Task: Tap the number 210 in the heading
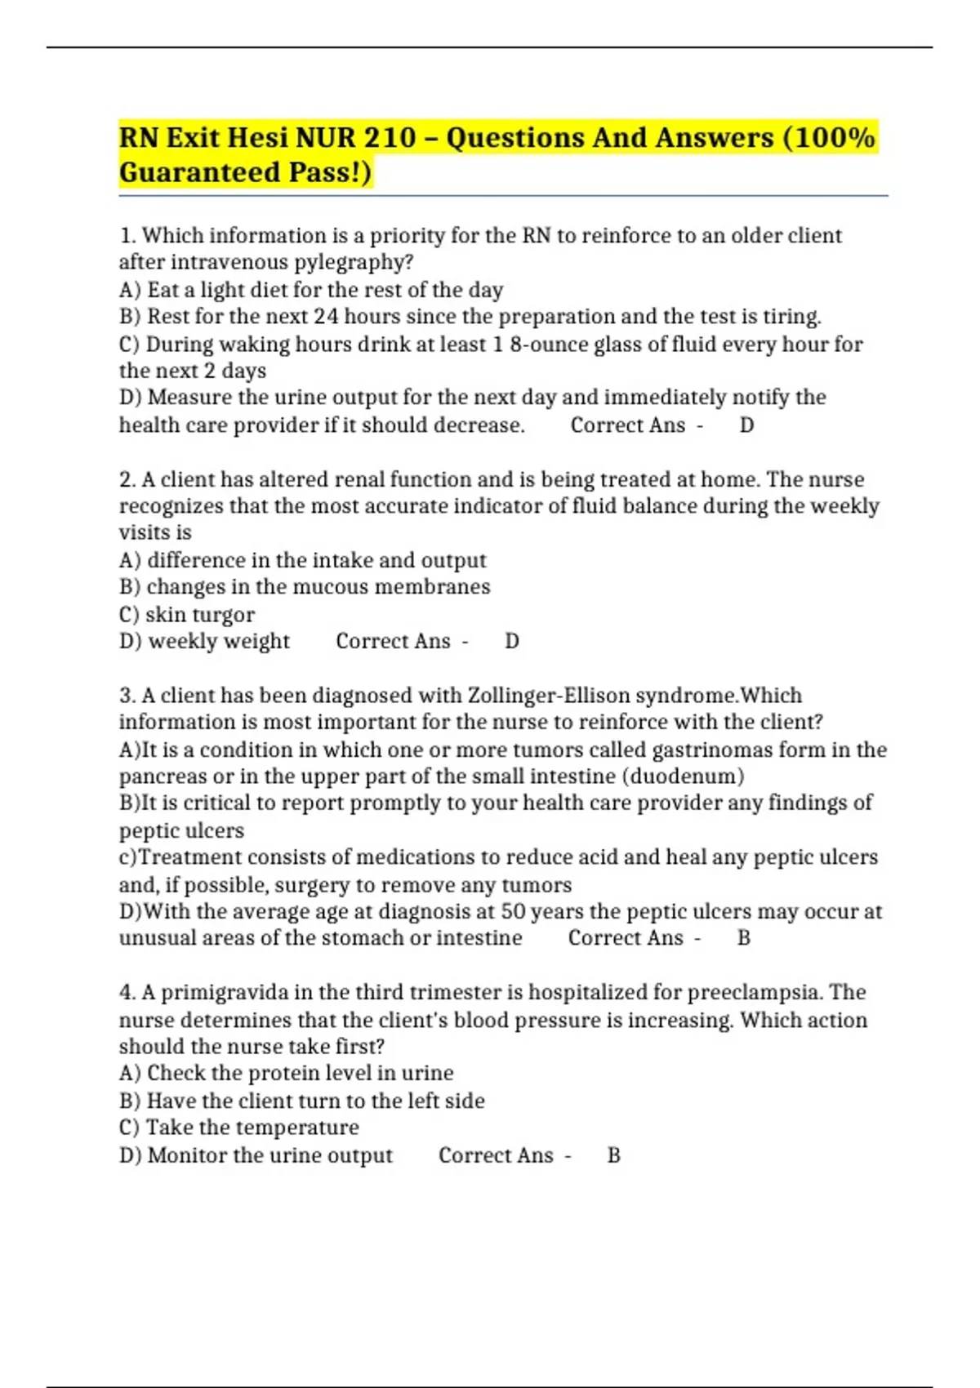(x=390, y=137)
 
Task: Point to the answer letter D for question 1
(x=746, y=425)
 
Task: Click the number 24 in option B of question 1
(x=327, y=316)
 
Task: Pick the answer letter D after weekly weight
(x=512, y=641)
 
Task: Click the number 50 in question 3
(x=513, y=911)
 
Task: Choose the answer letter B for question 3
(x=743, y=937)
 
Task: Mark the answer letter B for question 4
(x=614, y=1155)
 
